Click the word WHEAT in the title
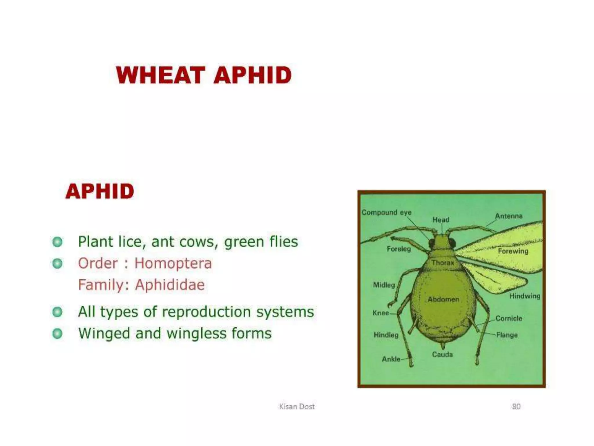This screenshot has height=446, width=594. [160, 75]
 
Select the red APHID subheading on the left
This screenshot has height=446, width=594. [100, 191]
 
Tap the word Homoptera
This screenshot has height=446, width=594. [173, 263]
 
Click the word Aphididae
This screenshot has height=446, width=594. [170, 285]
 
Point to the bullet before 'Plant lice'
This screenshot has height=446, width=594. [57, 242]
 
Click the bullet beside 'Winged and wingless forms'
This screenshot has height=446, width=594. [57, 334]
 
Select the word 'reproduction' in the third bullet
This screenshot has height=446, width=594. [206, 312]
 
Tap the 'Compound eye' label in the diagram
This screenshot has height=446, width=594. [386, 213]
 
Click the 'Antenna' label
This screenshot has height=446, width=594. [508, 216]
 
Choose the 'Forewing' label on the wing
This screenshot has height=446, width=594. [513, 251]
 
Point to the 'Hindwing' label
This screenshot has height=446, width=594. [525, 296]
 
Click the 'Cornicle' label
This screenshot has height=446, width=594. [509, 318]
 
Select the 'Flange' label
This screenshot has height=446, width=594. [507, 335]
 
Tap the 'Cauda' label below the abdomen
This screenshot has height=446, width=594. [442, 354]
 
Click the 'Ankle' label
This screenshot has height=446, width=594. [391, 359]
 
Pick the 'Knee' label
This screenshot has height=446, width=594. [381, 313]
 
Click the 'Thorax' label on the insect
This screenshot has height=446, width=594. [443, 263]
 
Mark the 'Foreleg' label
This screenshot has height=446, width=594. [399, 249]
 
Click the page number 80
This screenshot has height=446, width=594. [516, 407]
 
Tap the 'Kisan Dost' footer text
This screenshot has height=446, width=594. [297, 407]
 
